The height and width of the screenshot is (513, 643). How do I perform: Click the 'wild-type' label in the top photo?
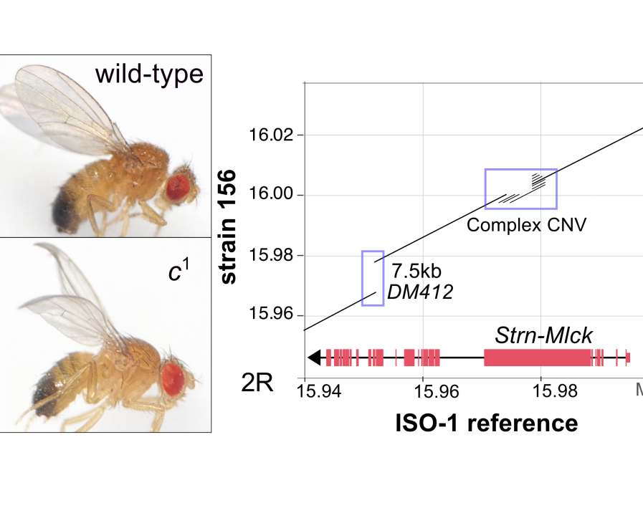(149, 75)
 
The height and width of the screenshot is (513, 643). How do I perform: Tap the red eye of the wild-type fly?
(178, 188)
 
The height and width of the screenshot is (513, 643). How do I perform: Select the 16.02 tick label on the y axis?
(271, 135)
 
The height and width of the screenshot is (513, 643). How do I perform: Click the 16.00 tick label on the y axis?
(271, 193)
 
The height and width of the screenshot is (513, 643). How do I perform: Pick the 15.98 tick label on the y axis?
(271, 255)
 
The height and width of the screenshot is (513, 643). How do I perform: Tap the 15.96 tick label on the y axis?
(271, 313)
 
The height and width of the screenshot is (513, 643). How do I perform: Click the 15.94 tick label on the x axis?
(318, 391)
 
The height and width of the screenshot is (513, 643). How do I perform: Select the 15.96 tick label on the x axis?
(437, 391)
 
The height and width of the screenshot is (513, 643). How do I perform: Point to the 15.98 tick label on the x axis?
(554, 391)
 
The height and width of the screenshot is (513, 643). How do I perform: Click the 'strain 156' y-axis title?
(229, 226)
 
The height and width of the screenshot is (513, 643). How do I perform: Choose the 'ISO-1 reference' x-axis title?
(486, 423)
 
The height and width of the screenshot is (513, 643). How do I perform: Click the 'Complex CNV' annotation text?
(527, 225)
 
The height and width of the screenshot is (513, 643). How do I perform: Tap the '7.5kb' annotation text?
(416, 271)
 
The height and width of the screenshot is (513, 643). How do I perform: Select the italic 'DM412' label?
(420, 292)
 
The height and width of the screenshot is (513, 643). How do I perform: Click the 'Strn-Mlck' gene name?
(543, 335)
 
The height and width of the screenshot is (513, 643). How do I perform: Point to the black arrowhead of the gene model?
(315, 358)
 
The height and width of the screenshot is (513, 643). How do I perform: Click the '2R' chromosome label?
(257, 383)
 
